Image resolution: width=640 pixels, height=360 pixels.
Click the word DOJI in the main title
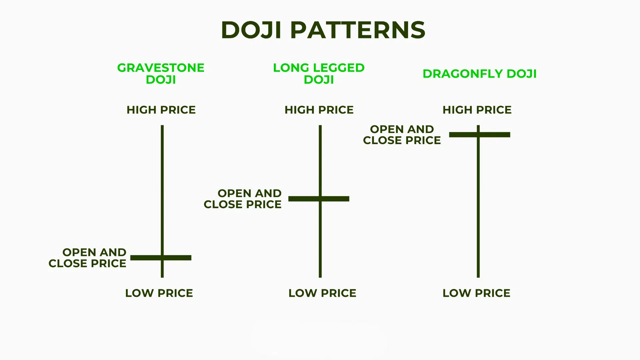251,30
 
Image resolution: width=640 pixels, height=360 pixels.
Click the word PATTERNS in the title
358,30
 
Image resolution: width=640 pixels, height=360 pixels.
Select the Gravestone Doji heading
161,74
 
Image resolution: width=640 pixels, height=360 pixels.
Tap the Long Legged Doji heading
319,74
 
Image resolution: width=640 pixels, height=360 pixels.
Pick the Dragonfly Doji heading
480,74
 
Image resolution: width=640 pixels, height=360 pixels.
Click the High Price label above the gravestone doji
161,110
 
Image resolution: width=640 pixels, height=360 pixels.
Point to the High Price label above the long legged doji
319,110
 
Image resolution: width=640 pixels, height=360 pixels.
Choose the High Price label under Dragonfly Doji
477,110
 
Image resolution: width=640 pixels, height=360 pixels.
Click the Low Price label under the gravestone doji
159,293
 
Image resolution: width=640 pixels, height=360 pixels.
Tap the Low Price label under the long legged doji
322,293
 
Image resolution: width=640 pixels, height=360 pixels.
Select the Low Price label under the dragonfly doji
476,293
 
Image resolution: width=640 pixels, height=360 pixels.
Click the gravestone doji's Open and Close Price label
88,258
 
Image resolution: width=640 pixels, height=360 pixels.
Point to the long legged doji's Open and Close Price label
243,199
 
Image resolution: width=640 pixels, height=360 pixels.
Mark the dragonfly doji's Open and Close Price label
402,135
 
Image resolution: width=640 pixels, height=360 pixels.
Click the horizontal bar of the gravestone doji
177,258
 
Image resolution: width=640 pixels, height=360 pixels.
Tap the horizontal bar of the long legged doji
335,199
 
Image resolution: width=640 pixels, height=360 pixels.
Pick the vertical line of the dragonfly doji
478,207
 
